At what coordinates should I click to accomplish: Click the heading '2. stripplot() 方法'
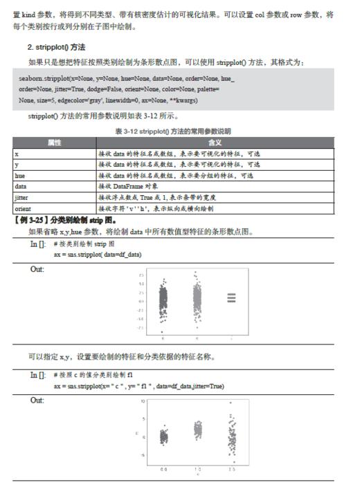[x=57, y=46]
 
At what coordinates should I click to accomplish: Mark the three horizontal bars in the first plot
[x=231, y=298]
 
